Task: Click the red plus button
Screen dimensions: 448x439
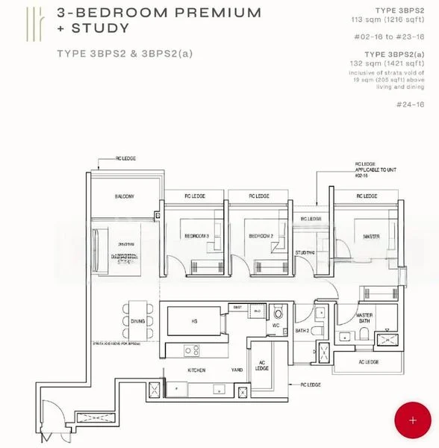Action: (x=413, y=420)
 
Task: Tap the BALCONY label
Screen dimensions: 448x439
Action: (x=125, y=196)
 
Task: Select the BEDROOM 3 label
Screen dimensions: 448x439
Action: (x=197, y=236)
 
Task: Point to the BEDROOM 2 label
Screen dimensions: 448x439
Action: (x=259, y=236)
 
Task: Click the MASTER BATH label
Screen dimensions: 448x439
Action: (x=364, y=318)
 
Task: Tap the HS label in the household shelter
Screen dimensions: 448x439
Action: (x=193, y=322)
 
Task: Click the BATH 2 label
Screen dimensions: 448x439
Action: (x=302, y=330)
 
